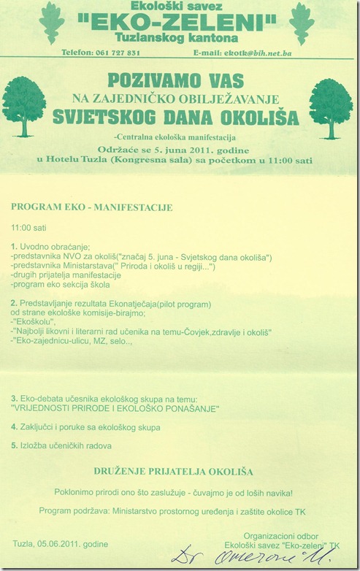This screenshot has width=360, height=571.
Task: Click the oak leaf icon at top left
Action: (51, 23)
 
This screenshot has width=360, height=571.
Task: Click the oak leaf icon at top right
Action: (301, 23)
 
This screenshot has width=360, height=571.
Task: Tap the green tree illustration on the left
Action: (24, 107)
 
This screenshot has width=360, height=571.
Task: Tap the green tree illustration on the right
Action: (330, 107)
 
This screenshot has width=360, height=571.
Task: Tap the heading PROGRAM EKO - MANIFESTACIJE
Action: (91, 207)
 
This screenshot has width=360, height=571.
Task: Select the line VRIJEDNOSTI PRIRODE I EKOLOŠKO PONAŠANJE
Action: (115, 409)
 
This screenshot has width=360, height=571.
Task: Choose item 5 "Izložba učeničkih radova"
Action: (66, 445)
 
